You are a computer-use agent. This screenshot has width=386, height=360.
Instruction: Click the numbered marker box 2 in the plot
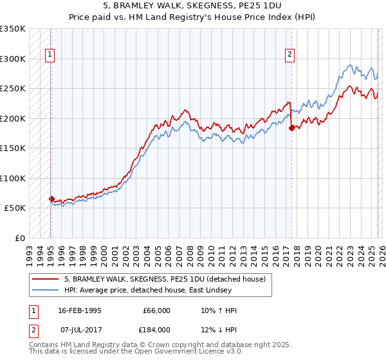click(x=290, y=55)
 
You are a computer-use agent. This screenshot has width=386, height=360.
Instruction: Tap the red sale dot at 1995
click(x=51, y=199)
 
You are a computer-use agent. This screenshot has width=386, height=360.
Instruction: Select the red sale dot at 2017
click(x=291, y=128)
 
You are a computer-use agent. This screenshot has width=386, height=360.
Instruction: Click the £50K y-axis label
click(x=14, y=208)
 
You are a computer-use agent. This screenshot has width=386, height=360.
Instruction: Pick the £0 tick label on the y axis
click(x=19, y=238)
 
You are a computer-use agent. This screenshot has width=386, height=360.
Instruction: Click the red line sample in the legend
click(x=46, y=279)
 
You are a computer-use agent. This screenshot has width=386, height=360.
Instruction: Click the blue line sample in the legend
click(x=46, y=291)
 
